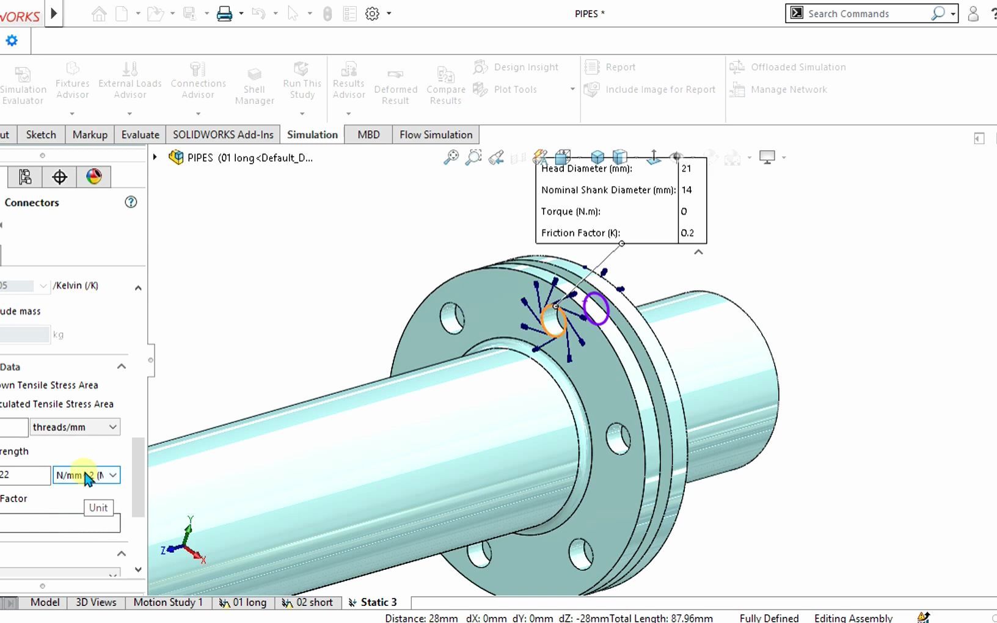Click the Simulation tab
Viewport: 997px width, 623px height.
(x=312, y=134)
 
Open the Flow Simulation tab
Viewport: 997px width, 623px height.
(x=436, y=134)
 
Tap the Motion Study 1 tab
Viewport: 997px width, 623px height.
(x=168, y=602)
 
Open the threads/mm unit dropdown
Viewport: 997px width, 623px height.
(x=75, y=427)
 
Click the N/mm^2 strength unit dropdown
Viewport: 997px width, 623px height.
(x=86, y=475)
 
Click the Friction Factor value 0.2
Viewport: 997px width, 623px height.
(x=688, y=233)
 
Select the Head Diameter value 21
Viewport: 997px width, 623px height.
(x=687, y=169)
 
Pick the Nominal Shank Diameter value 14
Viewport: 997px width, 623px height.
(x=687, y=190)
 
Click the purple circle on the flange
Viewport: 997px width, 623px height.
(x=596, y=308)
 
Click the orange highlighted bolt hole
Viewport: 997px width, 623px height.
(x=553, y=320)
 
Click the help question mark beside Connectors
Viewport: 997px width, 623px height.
(x=131, y=202)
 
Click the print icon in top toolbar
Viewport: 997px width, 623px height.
(x=224, y=13)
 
